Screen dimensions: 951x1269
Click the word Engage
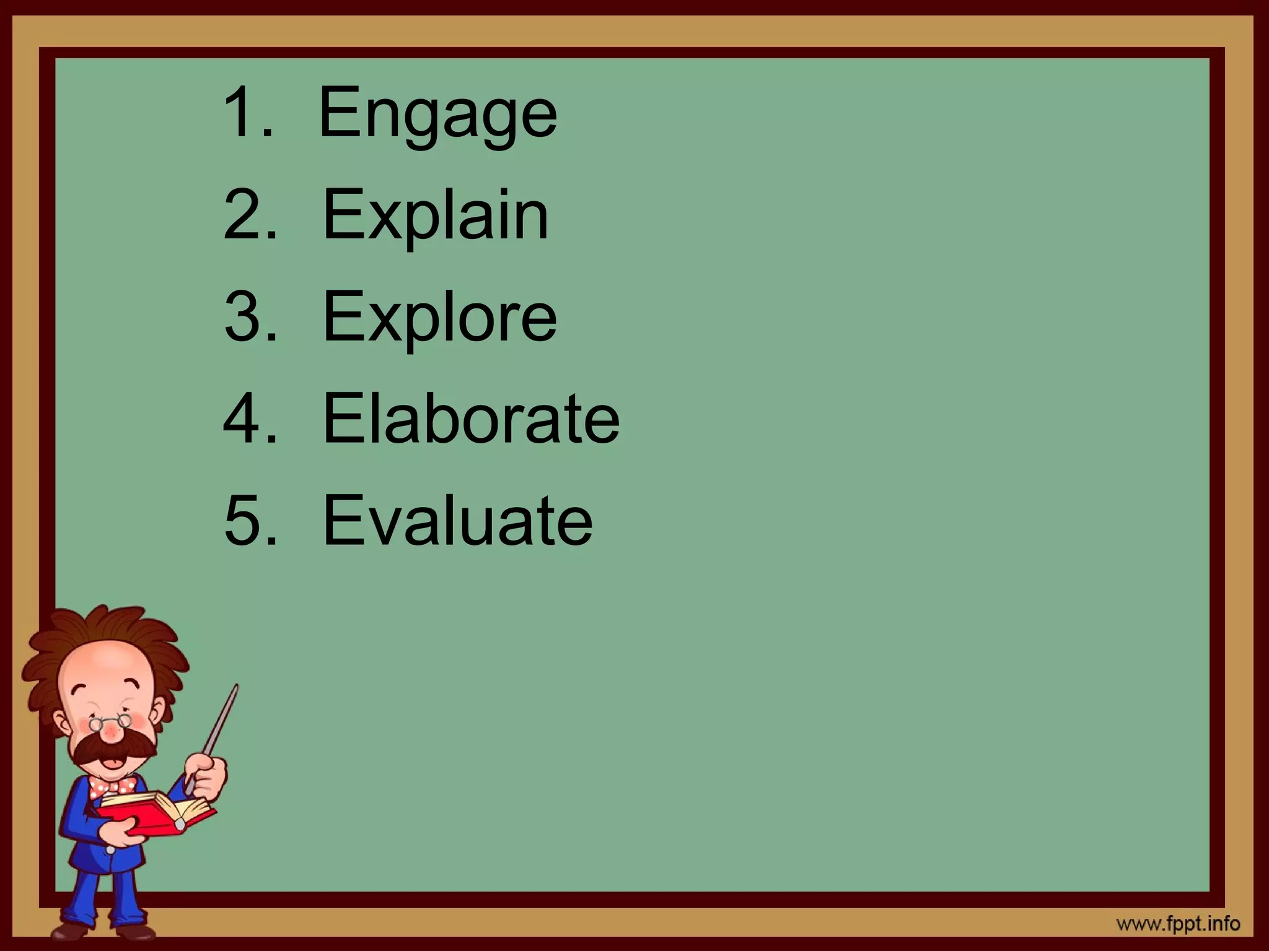(437, 115)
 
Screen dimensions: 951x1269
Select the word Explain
(436, 215)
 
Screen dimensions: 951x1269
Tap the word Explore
(439, 317)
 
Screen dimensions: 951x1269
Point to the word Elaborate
(471, 419)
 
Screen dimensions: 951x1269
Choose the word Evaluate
(457, 520)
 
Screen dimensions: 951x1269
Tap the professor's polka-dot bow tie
(112, 786)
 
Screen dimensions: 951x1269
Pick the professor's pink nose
(112, 734)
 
